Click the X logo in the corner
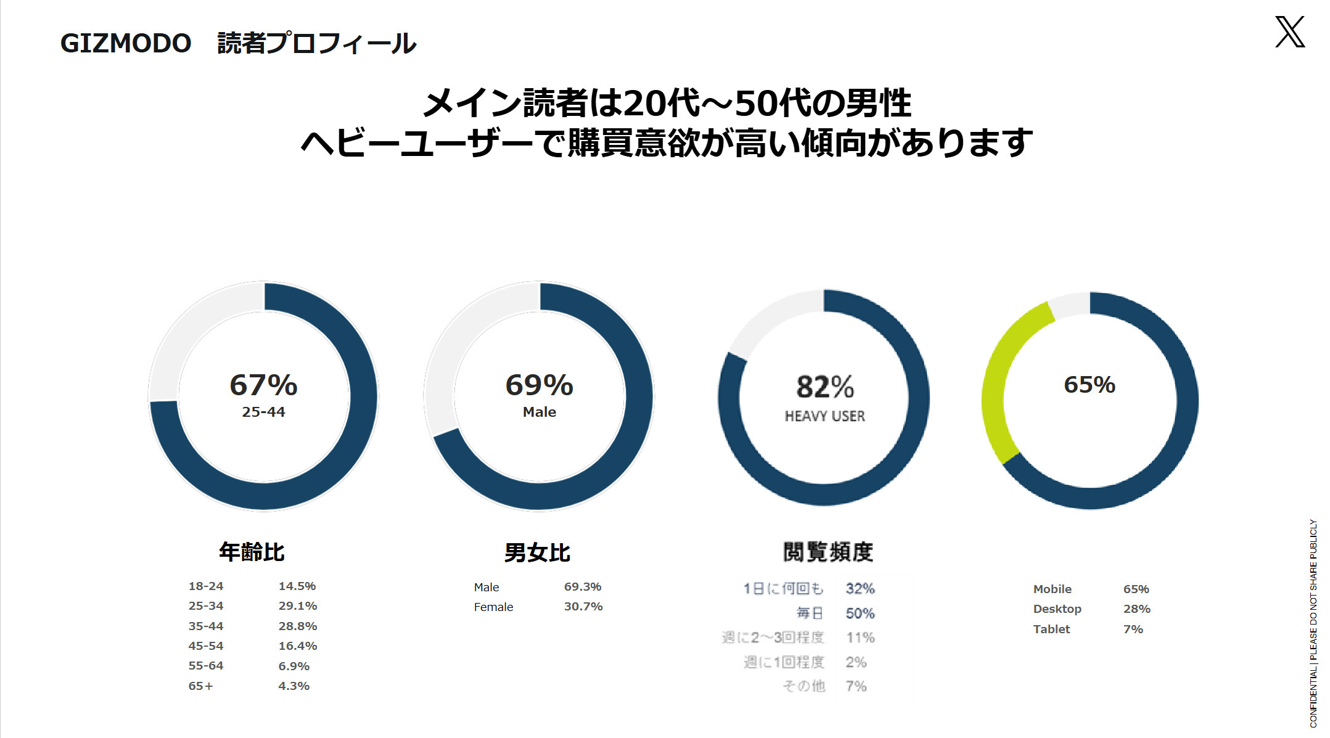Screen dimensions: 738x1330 click(x=1290, y=32)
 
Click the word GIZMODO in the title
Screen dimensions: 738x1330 click(x=126, y=44)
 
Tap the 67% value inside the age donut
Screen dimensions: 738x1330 click(x=263, y=385)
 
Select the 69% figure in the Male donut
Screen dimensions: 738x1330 click(x=539, y=385)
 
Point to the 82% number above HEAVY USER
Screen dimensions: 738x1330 click(x=825, y=387)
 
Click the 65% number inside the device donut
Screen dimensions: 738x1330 click(x=1090, y=385)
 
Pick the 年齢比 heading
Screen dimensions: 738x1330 click(x=252, y=552)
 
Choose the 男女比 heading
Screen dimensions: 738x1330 click(x=537, y=552)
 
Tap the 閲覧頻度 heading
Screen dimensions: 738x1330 click(x=828, y=552)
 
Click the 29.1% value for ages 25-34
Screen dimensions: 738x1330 click(x=298, y=606)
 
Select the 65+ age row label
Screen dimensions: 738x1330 click(x=200, y=686)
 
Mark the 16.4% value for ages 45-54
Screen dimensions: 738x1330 click(x=298, y=646)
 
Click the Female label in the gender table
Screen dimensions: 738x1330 click(x=493, y=607)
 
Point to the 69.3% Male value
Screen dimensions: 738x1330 click(x=583, y=587)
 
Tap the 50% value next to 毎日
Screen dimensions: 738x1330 click(x=860, y=613)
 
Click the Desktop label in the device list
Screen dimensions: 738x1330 click(x=1057, y=609)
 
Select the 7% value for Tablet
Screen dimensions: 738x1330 click(x=1133, y=629)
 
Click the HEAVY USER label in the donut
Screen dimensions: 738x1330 click(x=825, y=417)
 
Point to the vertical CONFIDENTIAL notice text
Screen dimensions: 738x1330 click(x=1313, y=623)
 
